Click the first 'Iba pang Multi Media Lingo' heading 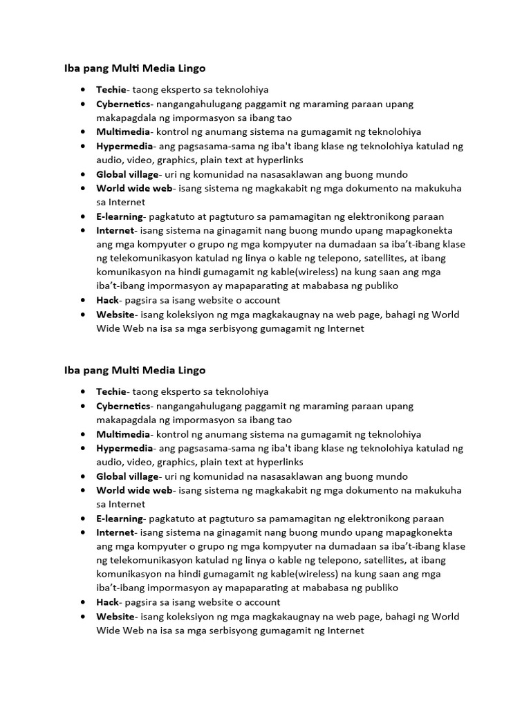135,68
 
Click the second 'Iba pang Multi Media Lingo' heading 135,370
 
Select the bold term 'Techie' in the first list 111,90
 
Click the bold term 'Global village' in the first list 128,174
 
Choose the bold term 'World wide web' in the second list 133,490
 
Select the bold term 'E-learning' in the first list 120,216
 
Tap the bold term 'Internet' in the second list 115,532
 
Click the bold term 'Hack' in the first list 108,300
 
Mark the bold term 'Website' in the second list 115,616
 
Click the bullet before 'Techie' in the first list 83,90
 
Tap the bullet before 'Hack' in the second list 83,602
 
